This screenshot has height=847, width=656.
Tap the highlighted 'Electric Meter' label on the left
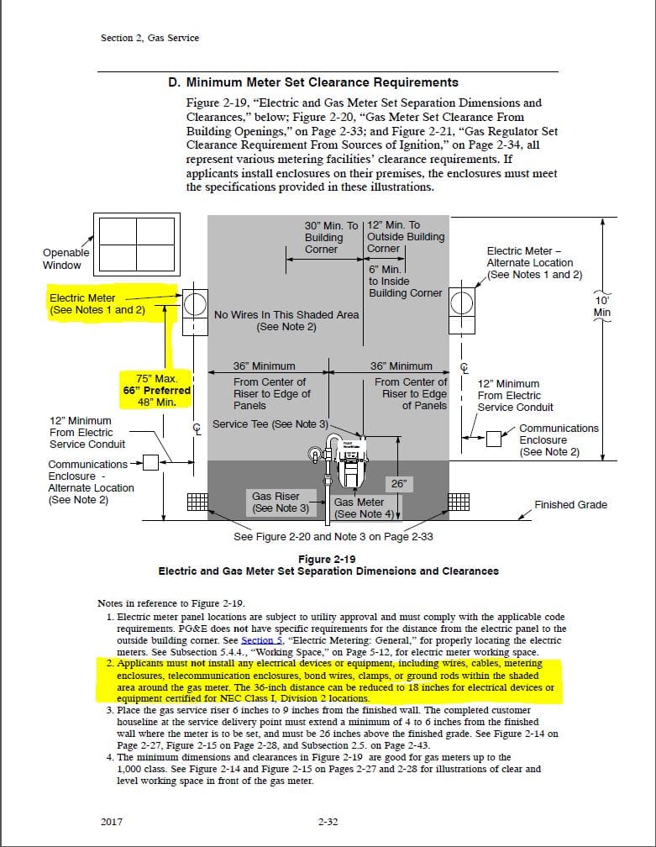pos(82,298)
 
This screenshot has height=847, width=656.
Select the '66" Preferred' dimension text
pos(157,390)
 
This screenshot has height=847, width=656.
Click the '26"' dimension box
pos(398,484)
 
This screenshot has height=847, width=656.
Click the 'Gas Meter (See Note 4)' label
pos(359,508)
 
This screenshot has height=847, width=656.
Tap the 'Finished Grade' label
pos(570,505)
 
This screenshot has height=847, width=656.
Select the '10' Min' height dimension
pos(601,306)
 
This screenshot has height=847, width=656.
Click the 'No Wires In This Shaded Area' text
pos(286,315)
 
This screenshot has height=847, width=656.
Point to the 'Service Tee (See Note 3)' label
pos(270,424)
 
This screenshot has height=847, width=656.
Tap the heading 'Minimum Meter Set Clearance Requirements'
pos(313,82)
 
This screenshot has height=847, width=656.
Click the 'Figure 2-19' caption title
pos(328,559)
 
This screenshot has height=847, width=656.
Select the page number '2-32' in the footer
pos(328,821)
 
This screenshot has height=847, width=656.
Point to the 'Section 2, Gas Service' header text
pos(149,38)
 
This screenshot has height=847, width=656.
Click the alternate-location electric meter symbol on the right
pos(461,306)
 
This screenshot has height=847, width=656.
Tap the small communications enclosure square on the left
pos(150,462)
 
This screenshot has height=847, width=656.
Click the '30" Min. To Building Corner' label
pos(331,237)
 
